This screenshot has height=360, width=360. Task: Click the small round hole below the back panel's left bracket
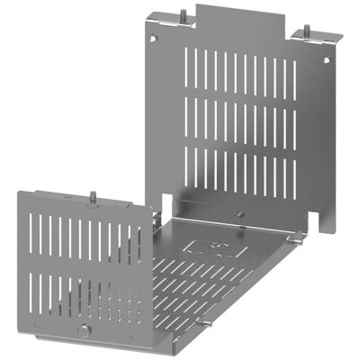tap(161, 38)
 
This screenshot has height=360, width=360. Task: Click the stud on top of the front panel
tap(93, 195)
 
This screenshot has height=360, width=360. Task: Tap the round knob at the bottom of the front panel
tap(82, 332)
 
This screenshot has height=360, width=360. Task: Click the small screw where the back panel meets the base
tap(240, 214)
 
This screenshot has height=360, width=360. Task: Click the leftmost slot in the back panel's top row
tap(188, 68)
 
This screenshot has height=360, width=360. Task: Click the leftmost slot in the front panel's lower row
tap(31, 288)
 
